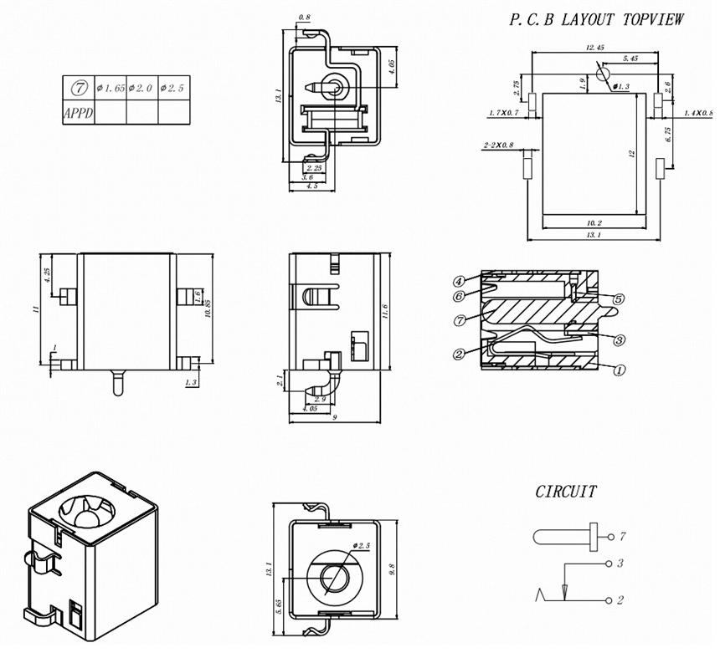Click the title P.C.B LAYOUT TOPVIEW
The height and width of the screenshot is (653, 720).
(597, 19)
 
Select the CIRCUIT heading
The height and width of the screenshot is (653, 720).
(566, 492)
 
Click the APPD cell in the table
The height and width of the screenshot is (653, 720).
(78, 112)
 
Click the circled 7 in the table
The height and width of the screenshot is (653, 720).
(78, 87)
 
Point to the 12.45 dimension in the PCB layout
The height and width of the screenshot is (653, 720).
(595, 47)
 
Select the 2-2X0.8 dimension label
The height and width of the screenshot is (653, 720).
(499, 146)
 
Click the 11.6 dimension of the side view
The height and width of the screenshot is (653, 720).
(384, 311)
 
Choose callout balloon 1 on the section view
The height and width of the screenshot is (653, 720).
(619, 370)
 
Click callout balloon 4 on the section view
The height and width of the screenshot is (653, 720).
(460, 280)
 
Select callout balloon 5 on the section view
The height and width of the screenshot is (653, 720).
(619, 298)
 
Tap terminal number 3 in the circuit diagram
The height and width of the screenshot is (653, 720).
(620, 564)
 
